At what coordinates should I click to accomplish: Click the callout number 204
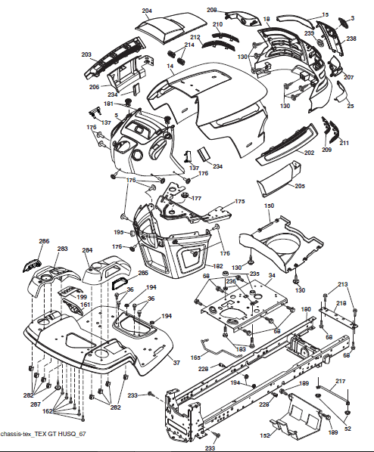click(x=146, y=11)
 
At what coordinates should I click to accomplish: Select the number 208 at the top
click(x=212, y=10)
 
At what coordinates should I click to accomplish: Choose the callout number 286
click(x=44, y=241)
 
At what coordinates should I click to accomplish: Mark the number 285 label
click(x=143, y=272)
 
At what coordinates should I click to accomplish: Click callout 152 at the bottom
click(x=265, y=435)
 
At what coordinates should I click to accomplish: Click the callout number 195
click(x=119, y=232)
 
